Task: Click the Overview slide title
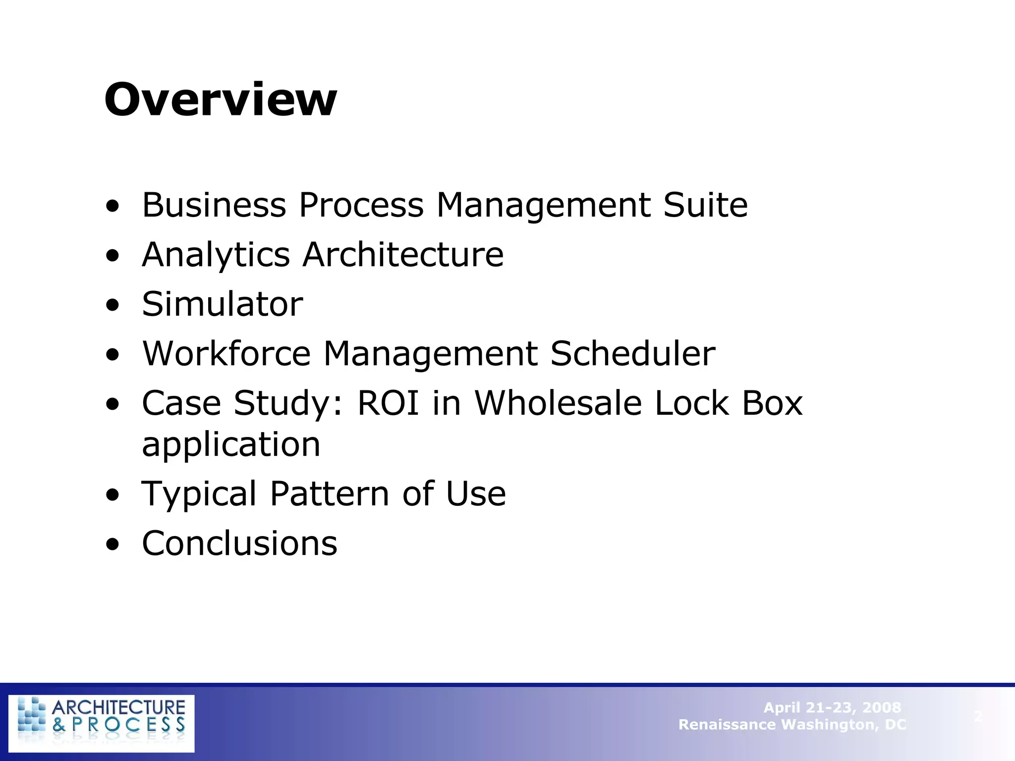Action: point(221,100)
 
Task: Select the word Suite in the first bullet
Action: point(705,205)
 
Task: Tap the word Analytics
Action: point(216,255)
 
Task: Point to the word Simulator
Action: point(222,304)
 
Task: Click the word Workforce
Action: point(226,354)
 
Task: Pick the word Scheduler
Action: point(632,354)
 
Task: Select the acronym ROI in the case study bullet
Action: point(388,403)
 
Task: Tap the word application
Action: point(231,444)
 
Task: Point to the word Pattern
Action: point(330,494)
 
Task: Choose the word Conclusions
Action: point(239,544)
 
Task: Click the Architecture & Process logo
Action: point(102,723)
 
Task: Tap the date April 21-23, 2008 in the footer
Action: point(832,707)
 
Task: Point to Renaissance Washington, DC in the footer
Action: point(792,724)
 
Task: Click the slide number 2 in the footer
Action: point(978,716)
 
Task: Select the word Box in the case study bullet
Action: point(772,403)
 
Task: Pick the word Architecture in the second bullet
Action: point(403,255)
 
